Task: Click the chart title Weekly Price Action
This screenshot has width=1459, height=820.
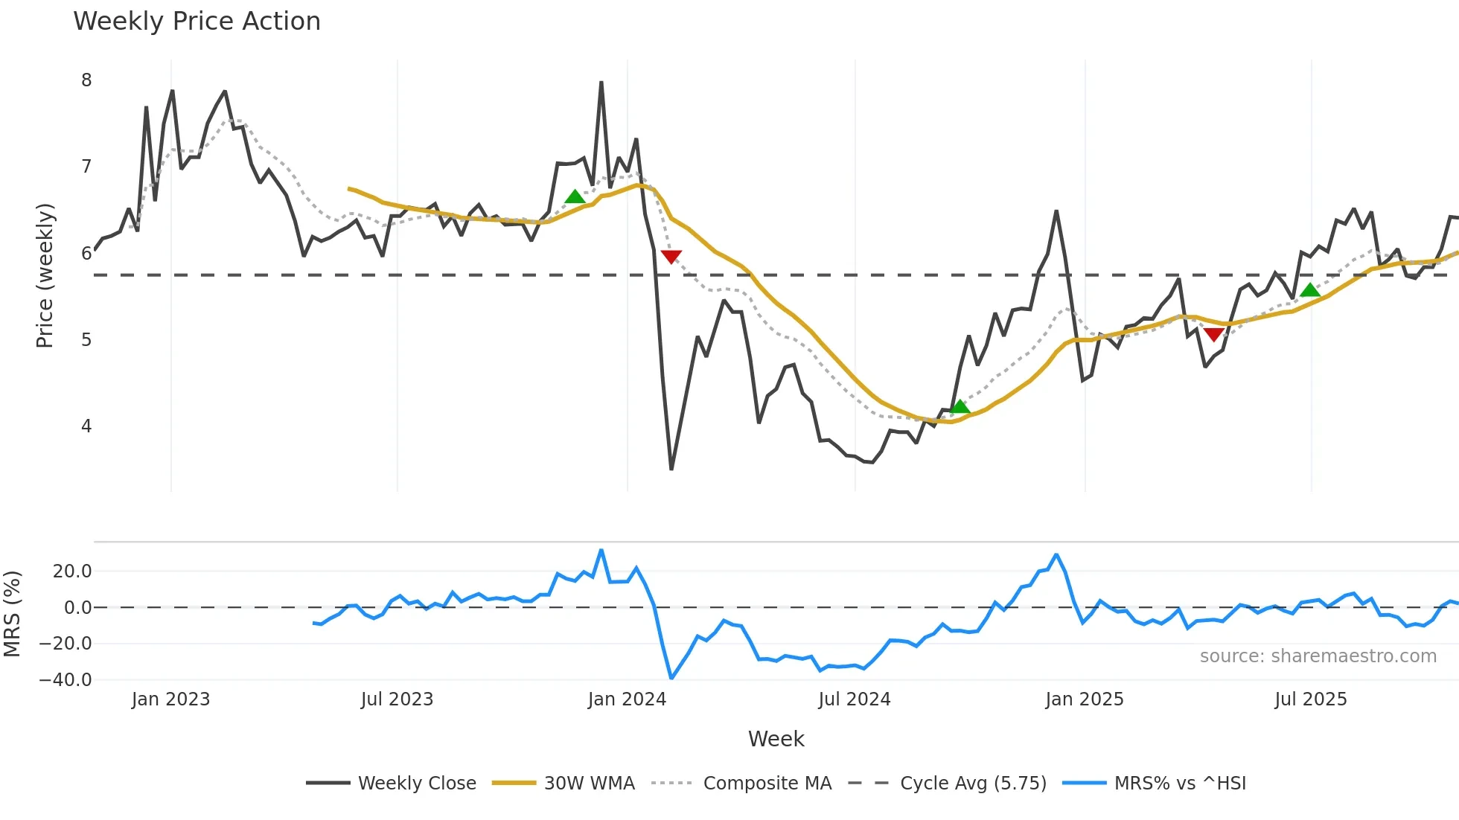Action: pyautogui.click(x=197, y=22)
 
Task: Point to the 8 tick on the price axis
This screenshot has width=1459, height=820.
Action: pyautogui.click(x=86, y=80)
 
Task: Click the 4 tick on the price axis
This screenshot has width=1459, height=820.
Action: pyautogui.click(x=86, y=426)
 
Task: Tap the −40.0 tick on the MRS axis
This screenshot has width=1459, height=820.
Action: pyautogui.click(x=66, y=680)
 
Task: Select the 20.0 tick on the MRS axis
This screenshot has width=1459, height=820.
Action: pyautogui.click(x=71, y=571)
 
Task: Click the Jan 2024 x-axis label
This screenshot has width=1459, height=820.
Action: pyautogui.click(x=627, y=699)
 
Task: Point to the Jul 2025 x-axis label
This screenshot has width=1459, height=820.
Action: pyautogui.click(x=1310, y=699)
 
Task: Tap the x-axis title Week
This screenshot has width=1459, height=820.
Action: pyautogui.click(x=776, y=739)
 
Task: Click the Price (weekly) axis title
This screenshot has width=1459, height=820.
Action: pyautogui.click(x=45, y=275)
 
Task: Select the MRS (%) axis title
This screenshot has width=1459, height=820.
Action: pyautogui.click(x=12, y=614)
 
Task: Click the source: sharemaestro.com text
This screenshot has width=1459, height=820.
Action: pyautogui.click(x=1318, y=656)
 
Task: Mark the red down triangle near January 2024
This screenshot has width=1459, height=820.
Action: pyautogui.click(x=671, y=257)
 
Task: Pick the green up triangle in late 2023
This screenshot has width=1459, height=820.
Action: pyautogui.click(x=575, y=197)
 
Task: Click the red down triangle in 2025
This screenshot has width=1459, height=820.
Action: pyautogui.click(x=1213, y=335)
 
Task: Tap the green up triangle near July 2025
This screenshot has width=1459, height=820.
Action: pyautogui.click(x=1310, y=290)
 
